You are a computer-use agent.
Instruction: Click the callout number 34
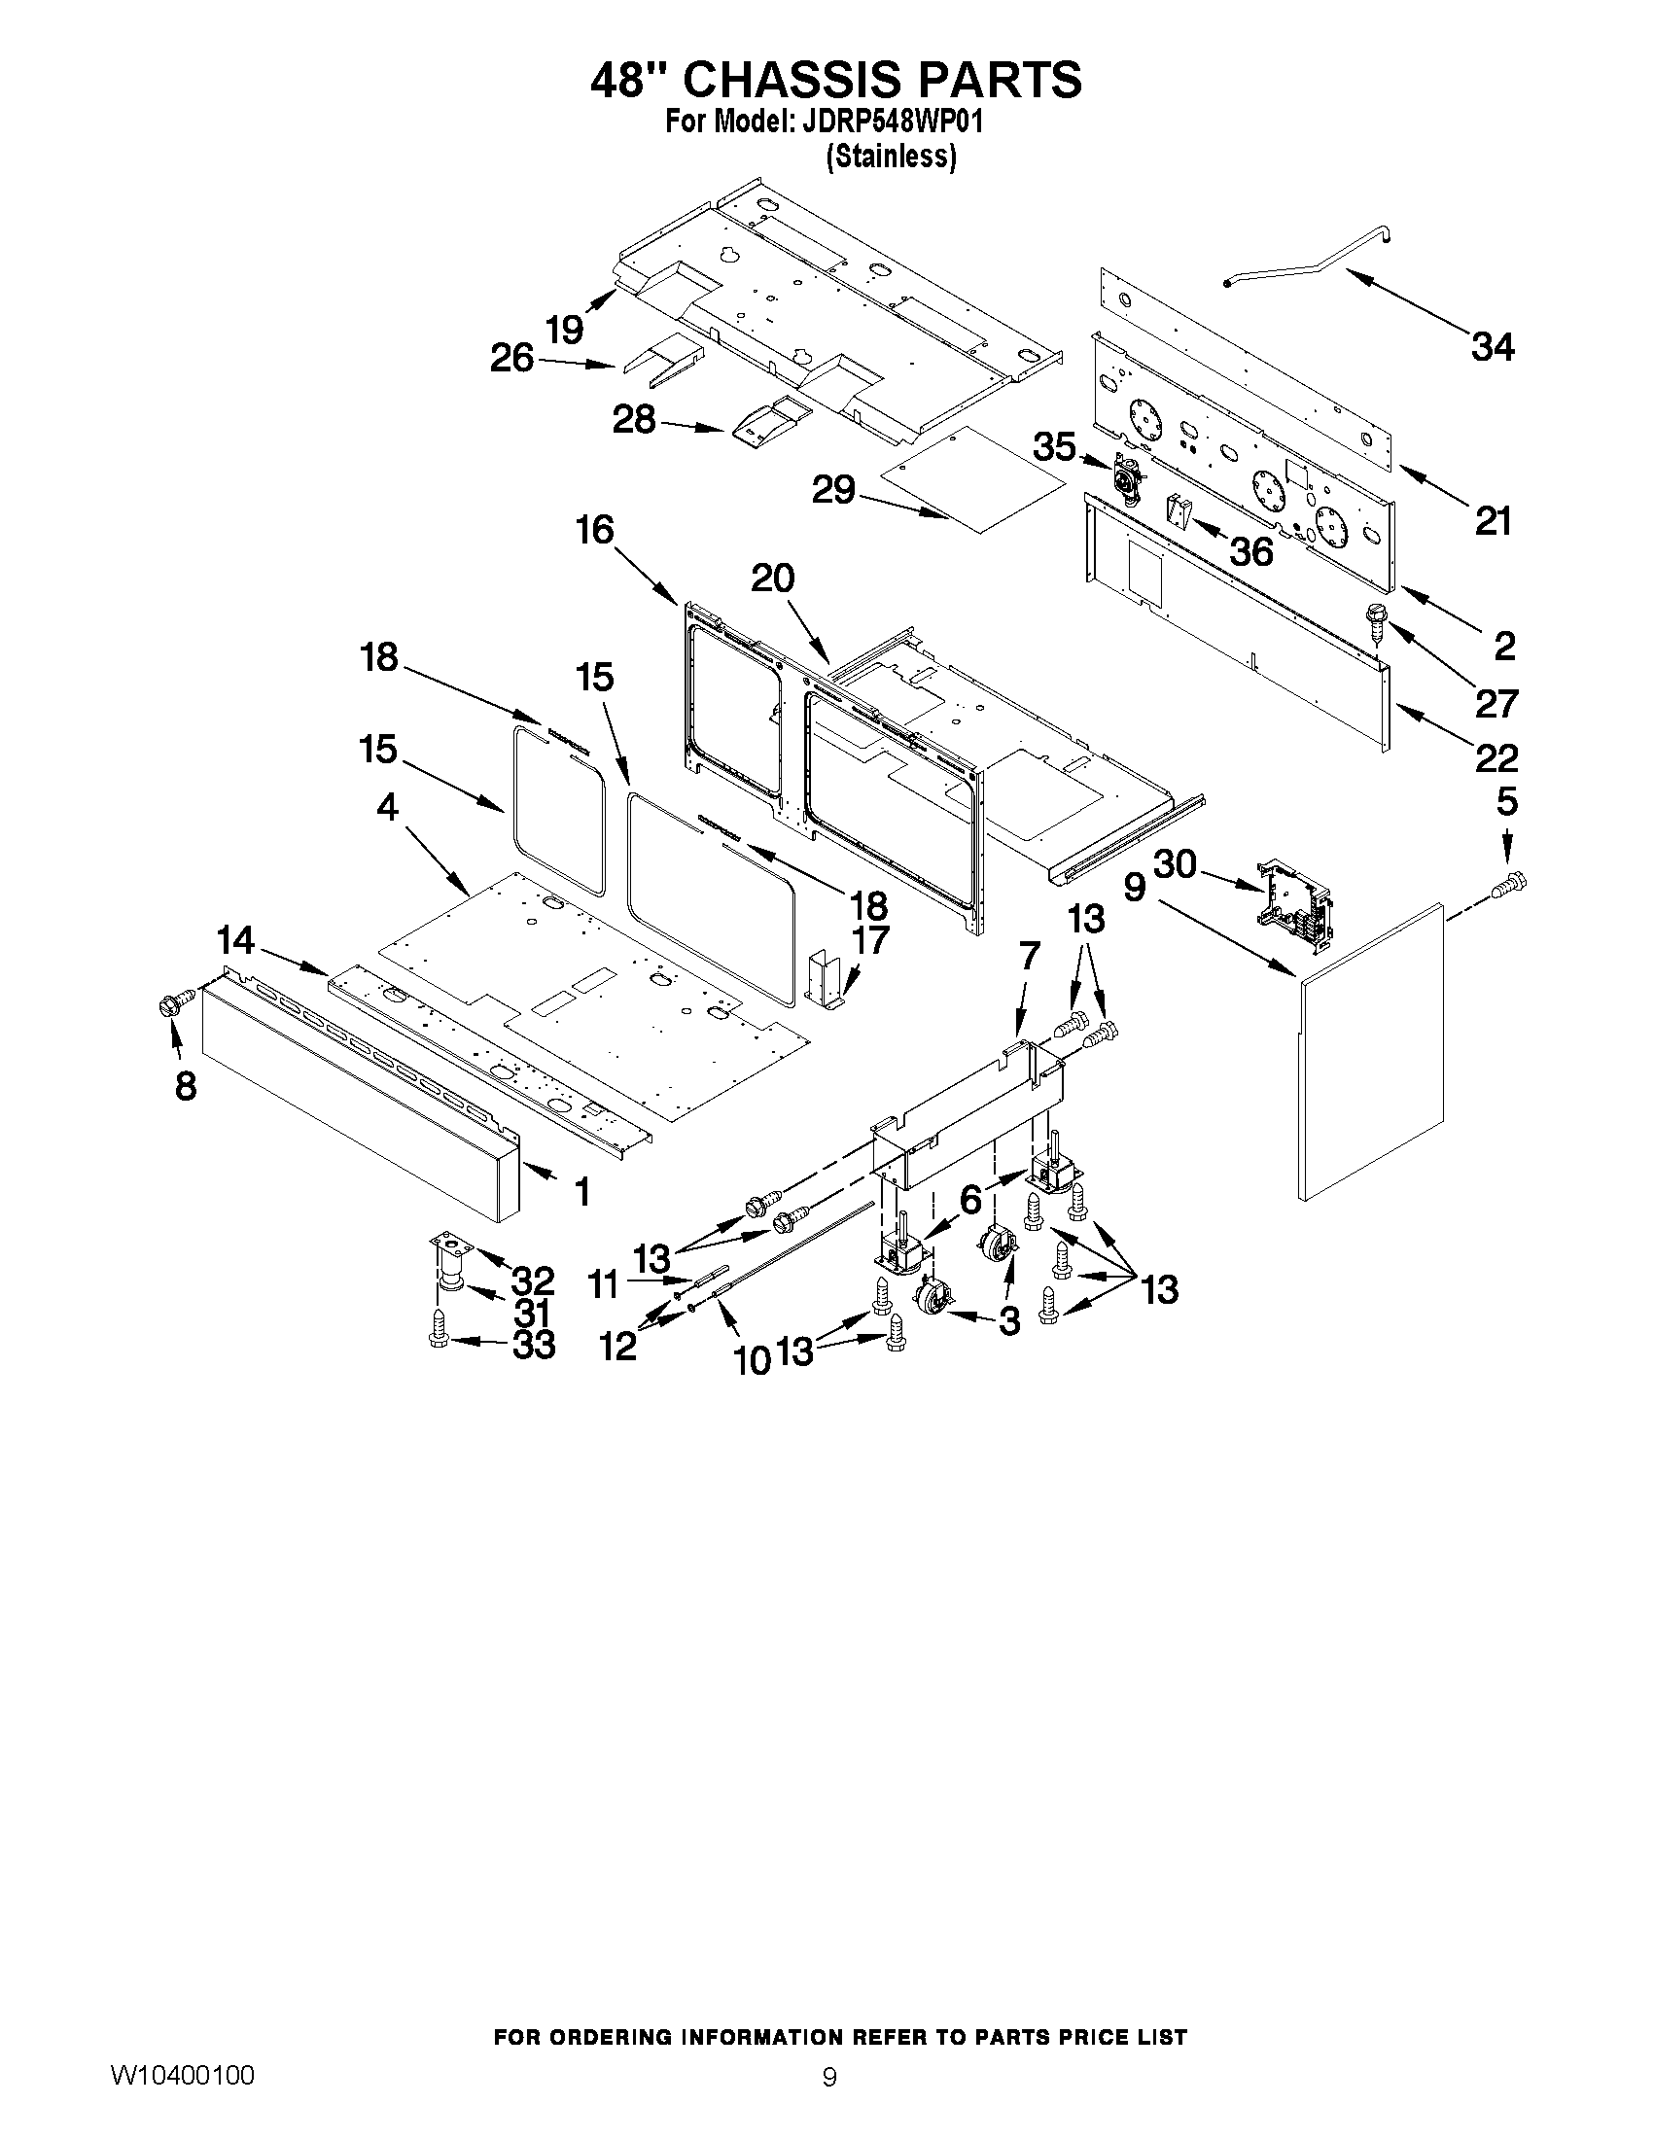(x=1492, y=347)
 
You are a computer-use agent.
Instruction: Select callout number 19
(x=565, y=331)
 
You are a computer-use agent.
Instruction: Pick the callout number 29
(x=833, y=489)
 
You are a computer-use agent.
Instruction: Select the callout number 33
(x=533, y=1345)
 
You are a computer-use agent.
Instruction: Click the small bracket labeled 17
(x=825, y=980)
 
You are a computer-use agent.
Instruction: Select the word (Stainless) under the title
(x=891, y=157)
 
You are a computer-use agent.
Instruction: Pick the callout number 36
(x=1250, y=551)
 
